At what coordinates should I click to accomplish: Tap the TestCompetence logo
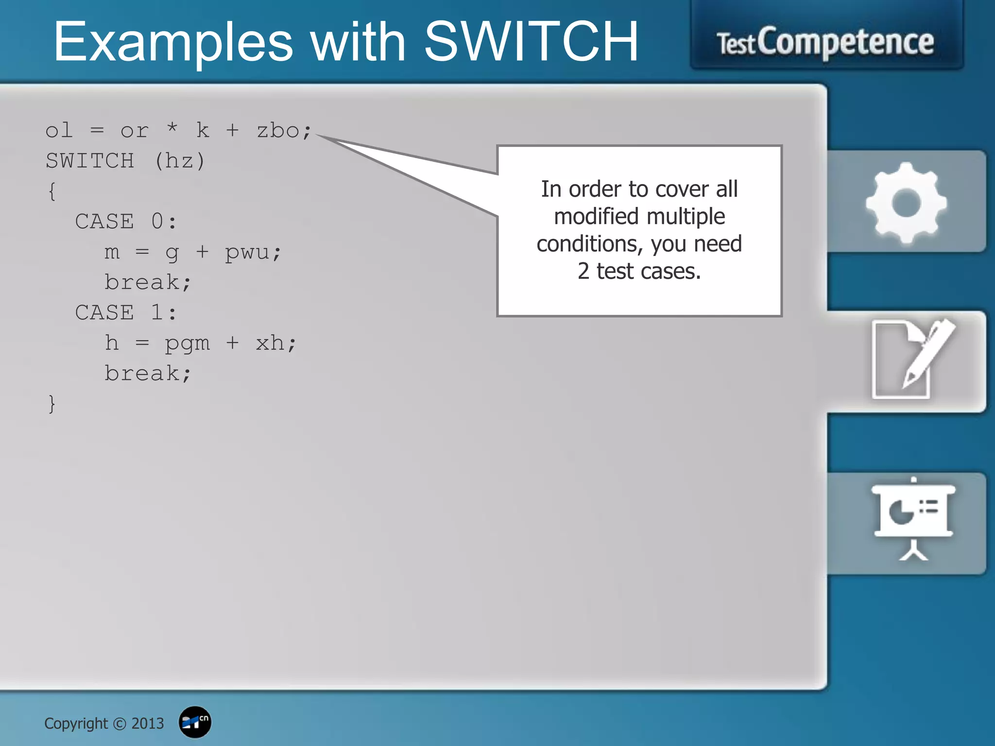pos(825,43)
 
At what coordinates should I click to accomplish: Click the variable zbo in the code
pos(277,131)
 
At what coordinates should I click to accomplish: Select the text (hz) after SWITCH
pos(180,161)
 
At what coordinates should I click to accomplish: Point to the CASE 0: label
pos(126,221)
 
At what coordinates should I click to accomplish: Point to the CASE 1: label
pos(126,312)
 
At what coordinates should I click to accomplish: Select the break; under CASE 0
pos(148,282)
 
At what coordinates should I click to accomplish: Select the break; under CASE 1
pos(148,373)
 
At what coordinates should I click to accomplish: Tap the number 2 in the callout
pos(583,271)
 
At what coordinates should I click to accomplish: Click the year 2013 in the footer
pos(148,723)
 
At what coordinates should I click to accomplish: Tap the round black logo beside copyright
pos(195,722)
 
